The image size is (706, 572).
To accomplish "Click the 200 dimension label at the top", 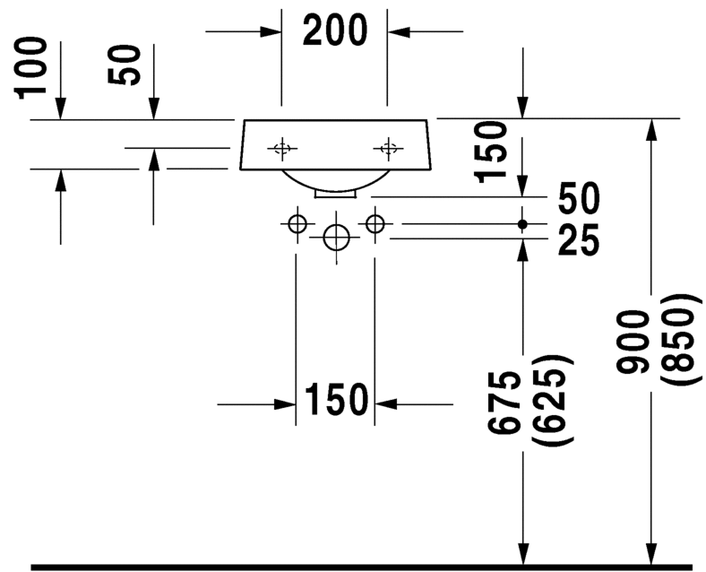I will [335, 31].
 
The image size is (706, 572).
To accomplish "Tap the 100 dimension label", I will [32, 67].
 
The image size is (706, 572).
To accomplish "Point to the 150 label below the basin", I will [336, 401].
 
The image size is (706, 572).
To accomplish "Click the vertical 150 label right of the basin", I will [493, 151].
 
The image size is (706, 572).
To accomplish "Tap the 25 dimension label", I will [579, 239].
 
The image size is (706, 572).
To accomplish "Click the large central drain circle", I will [336, 238].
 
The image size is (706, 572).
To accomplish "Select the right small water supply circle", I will [375, 222].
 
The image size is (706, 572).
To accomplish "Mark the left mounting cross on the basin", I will [282, 148].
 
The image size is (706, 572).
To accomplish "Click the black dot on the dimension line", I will [522, 222].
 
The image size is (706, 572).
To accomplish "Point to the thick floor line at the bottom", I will [358, 567].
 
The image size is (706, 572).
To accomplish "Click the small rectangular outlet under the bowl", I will [334, 191].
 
